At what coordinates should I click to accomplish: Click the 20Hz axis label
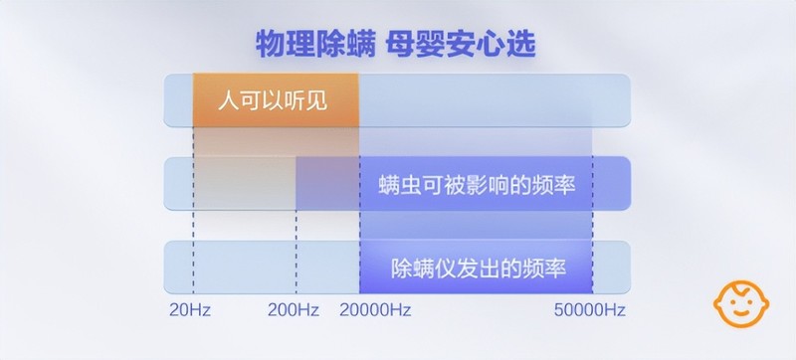coord(190,310)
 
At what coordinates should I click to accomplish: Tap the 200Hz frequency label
coord(294,310)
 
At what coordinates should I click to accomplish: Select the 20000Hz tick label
coord(375,310)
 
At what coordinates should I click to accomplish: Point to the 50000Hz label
coord(590,310)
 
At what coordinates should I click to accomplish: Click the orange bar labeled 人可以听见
coord(276,100)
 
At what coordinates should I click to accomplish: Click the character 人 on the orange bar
coord(229,100)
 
